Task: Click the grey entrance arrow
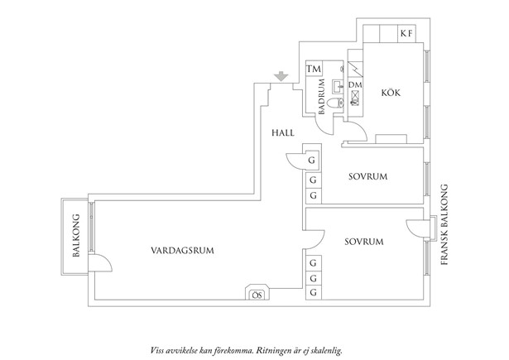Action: pyautogui.click(x=281, y=77)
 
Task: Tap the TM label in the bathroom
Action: pyautogui.click(x=314, y=70)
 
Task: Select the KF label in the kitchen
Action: pyautogui.click(x=406, y=34)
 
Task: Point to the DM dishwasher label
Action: pyautogui.click(x=355, y=85)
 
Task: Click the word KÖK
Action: pyautogui.click(x=391, y=93)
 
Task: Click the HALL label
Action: pyautogui.click(x=283, y=132)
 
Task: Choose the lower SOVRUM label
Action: pyautogui.click(x=363, y=242)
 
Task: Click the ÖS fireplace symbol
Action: pyautogui.click(x=257, y=293)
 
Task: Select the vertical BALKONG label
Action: pyautogui.click(x=75, y=237)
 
